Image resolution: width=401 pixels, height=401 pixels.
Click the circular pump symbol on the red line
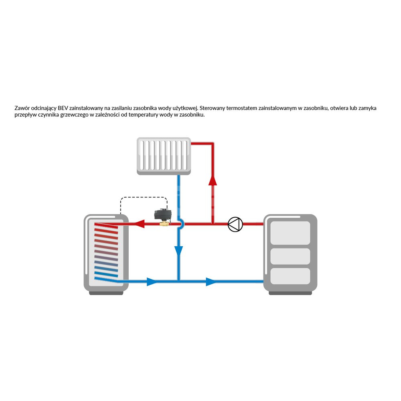point(235,224)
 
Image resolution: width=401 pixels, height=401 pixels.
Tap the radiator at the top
point(164,156)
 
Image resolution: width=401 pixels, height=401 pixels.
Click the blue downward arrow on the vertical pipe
point(179,251)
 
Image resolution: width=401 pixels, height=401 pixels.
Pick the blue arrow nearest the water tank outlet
point(152,282)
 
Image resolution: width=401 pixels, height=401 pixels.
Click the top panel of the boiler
point(290,233)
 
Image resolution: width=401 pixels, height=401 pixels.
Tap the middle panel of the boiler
point(290,256)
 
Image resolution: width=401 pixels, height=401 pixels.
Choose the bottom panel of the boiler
point(290,276)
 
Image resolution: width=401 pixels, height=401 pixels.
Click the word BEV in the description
point(63,108)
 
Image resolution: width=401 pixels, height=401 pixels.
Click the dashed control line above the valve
point(144,197)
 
